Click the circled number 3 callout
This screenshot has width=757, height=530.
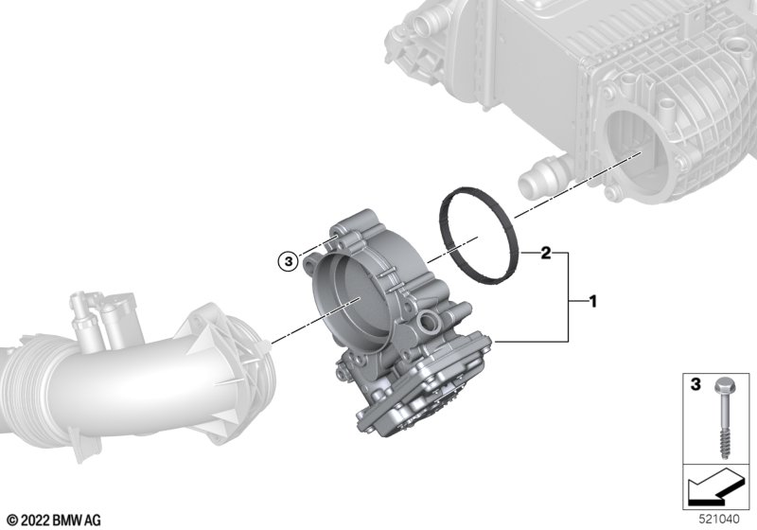pos(289,261)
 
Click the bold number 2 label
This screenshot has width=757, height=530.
pos(546,253)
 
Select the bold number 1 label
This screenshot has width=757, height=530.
pos(593,302)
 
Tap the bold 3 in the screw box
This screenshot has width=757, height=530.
pos(695,384)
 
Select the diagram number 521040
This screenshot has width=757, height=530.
pos(719,520)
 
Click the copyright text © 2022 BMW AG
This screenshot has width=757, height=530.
pos(55,521)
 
